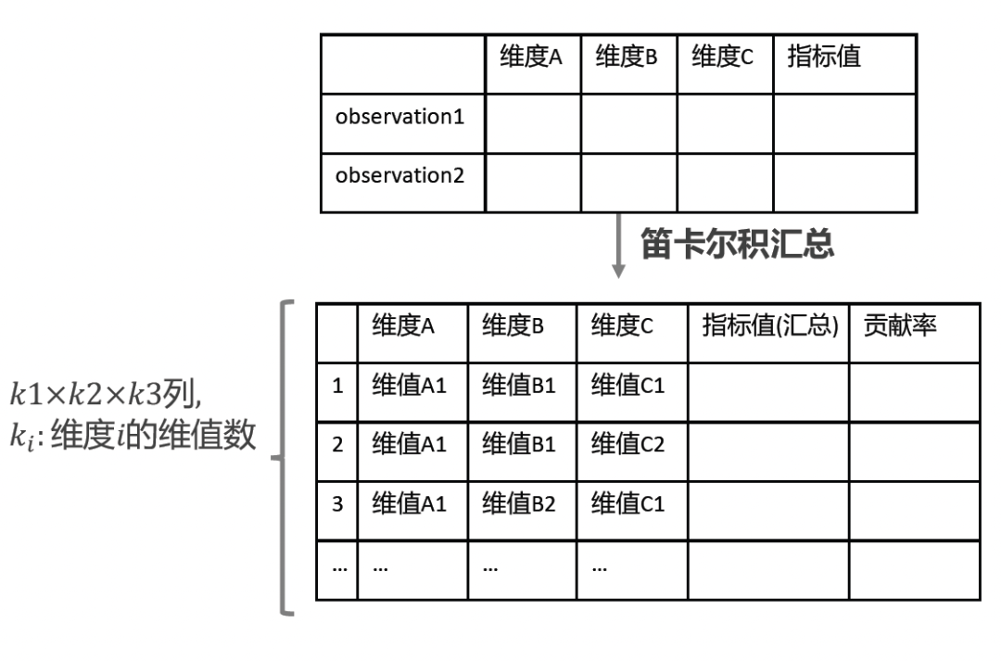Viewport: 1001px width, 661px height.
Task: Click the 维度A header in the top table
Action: [531, 58]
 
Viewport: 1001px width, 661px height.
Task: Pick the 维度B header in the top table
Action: [627, 58]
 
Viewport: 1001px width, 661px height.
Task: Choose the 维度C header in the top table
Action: [723, 58]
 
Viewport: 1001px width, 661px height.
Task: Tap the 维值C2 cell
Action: [629, 445]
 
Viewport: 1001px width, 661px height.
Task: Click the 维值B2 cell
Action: [518, 505]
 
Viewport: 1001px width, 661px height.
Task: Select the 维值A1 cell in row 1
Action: [409, 386]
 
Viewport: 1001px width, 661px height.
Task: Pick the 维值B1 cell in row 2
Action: [518, 445]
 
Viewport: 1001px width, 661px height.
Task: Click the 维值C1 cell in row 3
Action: [629, 505]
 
